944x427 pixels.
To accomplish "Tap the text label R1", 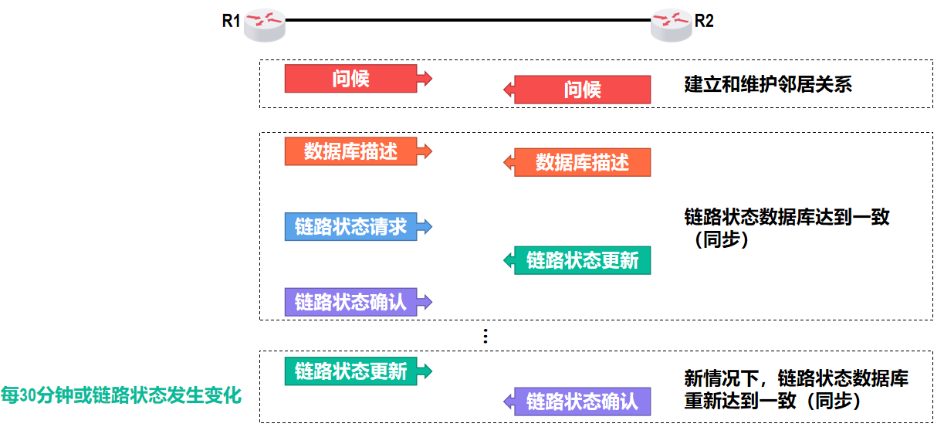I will point(232,21).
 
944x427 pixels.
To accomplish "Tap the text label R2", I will point(704,21).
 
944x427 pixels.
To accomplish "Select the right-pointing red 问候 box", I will point(351,79).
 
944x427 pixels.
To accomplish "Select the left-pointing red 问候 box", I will point(582,90).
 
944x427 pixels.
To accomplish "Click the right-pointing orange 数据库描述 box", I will point(351,151).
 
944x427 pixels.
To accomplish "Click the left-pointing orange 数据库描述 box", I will point(582,163).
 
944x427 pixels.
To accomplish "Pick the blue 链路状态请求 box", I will point(351,227).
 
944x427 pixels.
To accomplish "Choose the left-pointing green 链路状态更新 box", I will point(582,260).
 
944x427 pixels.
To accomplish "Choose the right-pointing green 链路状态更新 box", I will point(351,371).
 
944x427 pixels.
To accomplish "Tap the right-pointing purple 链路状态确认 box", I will point(351,301).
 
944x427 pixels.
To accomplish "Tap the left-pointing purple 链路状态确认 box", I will point(582,402).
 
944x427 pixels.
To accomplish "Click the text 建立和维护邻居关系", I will point(768,84).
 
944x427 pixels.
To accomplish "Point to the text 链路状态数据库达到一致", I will point(787,217).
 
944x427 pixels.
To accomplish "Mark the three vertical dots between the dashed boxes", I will point(485,336).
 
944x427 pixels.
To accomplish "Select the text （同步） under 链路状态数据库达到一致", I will point(717,239).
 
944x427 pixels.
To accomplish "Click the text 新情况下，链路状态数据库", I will point(796,378).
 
